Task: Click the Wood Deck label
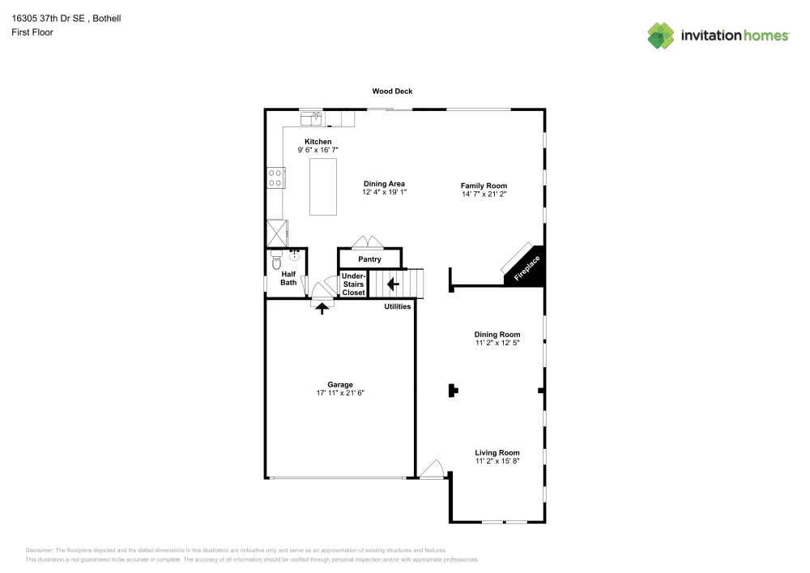[392, 91]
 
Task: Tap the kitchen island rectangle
[323, 186]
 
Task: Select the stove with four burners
[275, 178]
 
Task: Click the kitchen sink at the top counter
[312, 118]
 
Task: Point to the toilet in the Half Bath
[276, 261]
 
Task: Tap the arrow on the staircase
[393, 284]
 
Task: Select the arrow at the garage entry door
[322, 309]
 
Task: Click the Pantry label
[370, 259]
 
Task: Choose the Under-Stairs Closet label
[353, 284]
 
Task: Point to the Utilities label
[397, 306]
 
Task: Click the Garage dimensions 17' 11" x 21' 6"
[340, 393]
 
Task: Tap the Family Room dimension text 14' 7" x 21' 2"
[484, 194]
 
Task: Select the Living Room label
[497, 452]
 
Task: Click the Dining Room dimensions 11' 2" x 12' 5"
[497, 343]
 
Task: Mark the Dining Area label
[384, 183]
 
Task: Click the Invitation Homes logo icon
[661, 36]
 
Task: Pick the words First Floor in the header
[32, 32]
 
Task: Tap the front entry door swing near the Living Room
[432, 469]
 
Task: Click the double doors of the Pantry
[367, 242]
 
